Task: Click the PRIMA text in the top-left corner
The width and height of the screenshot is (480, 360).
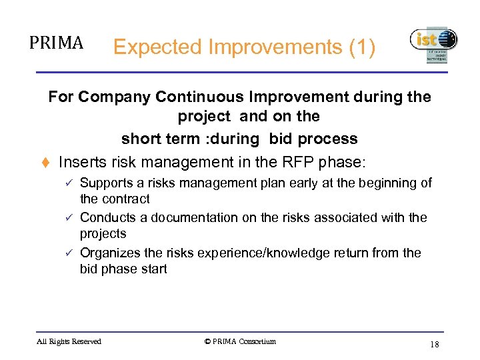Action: (x=57, y=43)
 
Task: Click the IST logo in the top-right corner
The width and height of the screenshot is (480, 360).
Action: (x=433, y=44)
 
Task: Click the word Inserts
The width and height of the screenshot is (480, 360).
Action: (x=82, y=162)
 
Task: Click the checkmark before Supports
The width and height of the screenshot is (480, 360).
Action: (x=70, y=183)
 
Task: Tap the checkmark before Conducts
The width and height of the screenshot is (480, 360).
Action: (x=70, y=218)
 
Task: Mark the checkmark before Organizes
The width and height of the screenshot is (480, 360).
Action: (x=70, y=253)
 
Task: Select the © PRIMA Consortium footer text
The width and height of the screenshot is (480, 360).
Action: (x=240, y=342)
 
